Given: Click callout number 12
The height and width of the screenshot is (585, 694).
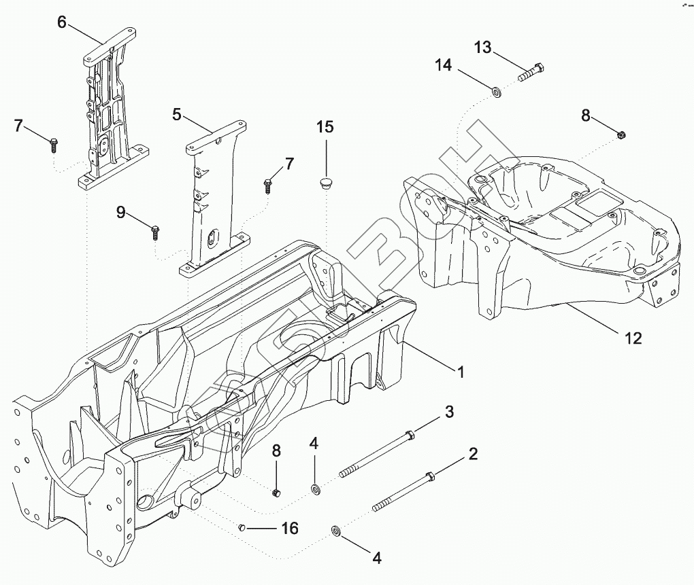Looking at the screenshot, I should coord(633,338).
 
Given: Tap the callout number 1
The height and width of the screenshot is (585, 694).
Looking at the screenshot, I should coord(461,372).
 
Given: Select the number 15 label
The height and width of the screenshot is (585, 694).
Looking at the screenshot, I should coord(325,127).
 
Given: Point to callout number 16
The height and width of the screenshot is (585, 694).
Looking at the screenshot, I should coord(290,529).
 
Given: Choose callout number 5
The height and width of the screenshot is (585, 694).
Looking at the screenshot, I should coord(177,114).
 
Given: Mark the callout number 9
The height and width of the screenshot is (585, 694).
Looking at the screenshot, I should coord(120,213).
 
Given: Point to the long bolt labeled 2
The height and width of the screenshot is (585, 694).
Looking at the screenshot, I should coord(401,492).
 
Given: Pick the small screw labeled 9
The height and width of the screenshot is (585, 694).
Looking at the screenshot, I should coord(156,232).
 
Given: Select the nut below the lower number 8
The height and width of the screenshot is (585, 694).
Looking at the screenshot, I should coord(276,492).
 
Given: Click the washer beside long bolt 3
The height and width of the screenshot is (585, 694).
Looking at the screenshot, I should coord(316,489).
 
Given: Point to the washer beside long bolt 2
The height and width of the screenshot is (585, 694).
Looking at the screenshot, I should coord(335,530).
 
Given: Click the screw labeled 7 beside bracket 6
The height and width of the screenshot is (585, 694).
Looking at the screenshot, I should coord(53,144).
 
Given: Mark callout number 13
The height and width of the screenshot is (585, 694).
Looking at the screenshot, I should coord(482,48).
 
